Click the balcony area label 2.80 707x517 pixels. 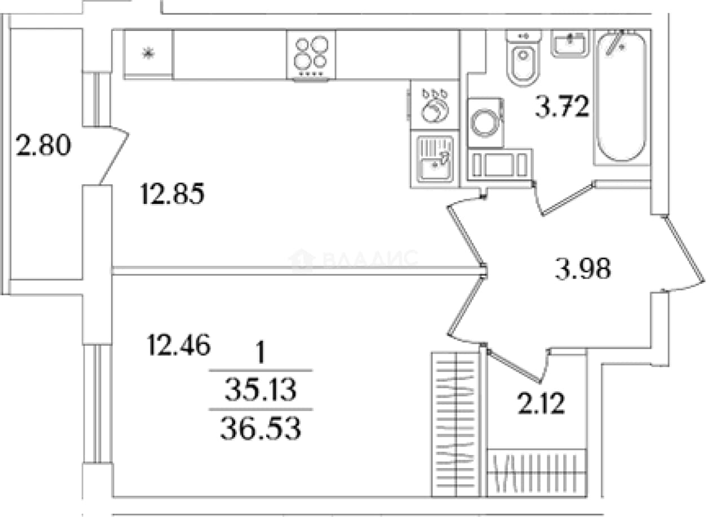43,145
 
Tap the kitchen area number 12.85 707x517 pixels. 173,194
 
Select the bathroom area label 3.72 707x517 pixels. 562,106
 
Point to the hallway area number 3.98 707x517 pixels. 583,268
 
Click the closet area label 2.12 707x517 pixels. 541,403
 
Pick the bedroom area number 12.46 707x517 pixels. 179,345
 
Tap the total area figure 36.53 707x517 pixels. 260,428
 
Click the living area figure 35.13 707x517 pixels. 260,389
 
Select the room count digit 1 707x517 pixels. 260,353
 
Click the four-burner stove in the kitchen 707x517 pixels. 311,55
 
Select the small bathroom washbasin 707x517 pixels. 570,44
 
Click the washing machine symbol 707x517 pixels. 486,122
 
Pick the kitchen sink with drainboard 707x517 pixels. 435,159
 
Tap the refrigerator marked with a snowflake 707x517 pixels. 148,54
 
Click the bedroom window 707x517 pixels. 98,404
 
